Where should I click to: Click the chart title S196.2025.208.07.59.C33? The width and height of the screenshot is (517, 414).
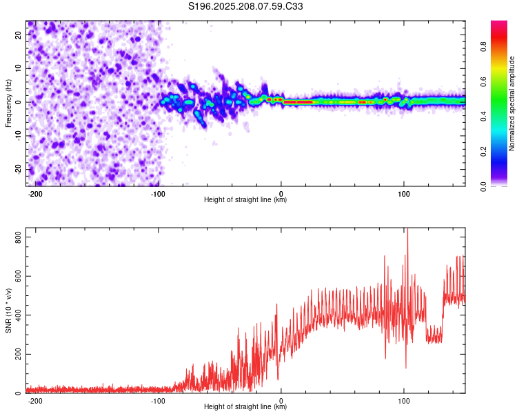[x=245, y=6]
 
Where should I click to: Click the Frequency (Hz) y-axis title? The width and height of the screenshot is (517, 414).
[x=8, y=103]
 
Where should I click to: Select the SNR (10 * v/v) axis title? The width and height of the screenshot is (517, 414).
[x=8, y=310]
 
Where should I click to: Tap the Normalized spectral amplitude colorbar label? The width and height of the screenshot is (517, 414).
[x=511, y=103]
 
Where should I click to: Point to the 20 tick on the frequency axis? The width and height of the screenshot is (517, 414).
[x=19, y=34]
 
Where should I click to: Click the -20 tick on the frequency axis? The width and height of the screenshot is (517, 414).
[x=19, y=170]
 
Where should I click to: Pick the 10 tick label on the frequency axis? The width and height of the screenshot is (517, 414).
[x=19, y=68]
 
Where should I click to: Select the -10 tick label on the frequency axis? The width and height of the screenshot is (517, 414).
[x=19, y=136]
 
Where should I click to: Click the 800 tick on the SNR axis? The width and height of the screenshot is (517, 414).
[x=19, y=237]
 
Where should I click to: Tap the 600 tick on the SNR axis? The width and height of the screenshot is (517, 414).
[x=19, y=276]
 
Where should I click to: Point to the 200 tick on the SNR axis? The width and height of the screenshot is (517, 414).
[x=19, y=354]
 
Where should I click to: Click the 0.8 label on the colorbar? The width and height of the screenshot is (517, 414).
[x=484, y=46]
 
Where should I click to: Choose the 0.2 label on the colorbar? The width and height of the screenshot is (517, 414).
[x=484, y=151]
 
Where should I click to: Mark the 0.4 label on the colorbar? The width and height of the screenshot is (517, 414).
[x=484, y=116]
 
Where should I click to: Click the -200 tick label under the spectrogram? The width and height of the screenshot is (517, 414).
[x=34, y=194]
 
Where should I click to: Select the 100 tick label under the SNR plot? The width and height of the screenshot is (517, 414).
[x=403, y=401]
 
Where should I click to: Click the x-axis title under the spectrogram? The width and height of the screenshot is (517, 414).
[x=245, y=199]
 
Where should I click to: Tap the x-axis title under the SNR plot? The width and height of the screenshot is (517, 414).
[x=245, y=406]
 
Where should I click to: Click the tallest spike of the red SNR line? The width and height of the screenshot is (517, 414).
[x=408, y=229]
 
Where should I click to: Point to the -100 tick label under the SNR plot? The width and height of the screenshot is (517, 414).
[x=157, y=401]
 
